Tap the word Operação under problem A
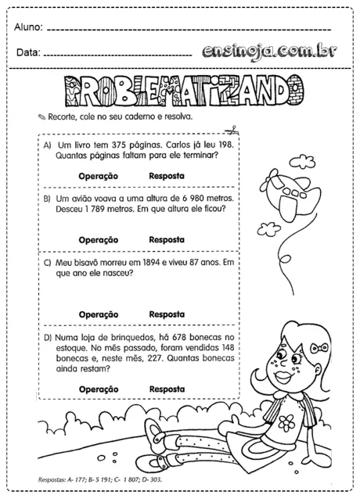tap(98, 176)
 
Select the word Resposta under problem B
tap(166, 239)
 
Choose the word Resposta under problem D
tap(166, 389)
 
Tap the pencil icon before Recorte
tap(41, 117)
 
